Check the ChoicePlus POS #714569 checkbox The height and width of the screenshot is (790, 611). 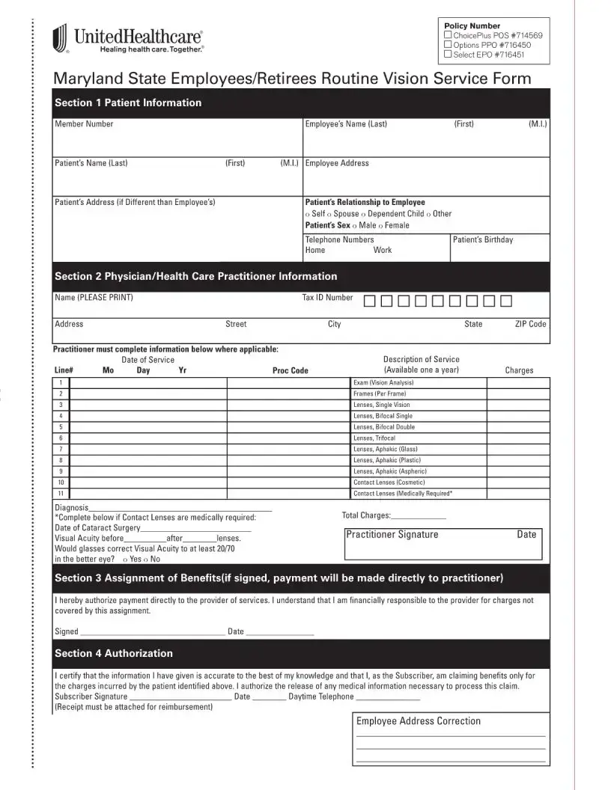[448, 36]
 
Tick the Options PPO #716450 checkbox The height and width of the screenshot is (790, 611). [448, 45]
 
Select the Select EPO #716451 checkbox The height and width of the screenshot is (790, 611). [448, 54]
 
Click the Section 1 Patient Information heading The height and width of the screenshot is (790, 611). [128, 103]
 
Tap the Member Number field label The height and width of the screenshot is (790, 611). [84, 124]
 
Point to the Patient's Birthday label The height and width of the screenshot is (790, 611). [483, 239]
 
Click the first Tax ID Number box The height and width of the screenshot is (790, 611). [370, 301]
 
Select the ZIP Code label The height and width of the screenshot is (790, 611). [530, 324]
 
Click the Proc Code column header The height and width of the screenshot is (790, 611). [290, 370]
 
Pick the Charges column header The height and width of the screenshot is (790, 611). [519, 370]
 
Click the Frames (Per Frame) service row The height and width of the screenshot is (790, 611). [380, 394]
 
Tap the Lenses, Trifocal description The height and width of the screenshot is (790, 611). [374, 438]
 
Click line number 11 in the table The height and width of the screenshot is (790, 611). [60, 494]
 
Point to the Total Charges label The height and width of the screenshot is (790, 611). [366, 515]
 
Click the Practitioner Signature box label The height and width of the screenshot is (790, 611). [392, 535]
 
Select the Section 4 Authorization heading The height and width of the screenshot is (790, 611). [114, 654]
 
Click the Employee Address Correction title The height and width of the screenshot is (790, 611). [419, 721]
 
